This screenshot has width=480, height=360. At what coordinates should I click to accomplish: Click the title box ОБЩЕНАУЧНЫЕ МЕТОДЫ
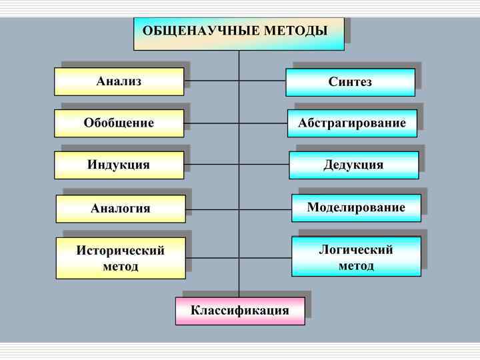(239, 33)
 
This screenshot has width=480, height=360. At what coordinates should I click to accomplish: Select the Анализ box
(119, 81)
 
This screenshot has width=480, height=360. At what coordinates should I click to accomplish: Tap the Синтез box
(350, 82)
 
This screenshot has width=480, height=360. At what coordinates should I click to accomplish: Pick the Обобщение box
(119, 123)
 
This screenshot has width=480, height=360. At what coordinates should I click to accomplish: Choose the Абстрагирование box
(352, 123)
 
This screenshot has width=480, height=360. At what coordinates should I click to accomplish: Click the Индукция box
(119, 165)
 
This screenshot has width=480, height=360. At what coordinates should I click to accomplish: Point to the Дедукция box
(353, 165)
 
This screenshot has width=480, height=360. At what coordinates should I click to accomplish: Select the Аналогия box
(120, 209)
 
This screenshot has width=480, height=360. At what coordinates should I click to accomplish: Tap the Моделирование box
(356, 208)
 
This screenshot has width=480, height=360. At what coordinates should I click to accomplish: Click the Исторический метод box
(120, 258)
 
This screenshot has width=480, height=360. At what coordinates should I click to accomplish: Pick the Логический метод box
(356, 257)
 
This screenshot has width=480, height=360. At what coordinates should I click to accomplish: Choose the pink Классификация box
(240, 311)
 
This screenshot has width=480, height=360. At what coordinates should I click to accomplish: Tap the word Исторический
(121, 251)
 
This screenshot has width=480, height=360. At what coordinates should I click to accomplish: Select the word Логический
(356, 249)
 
